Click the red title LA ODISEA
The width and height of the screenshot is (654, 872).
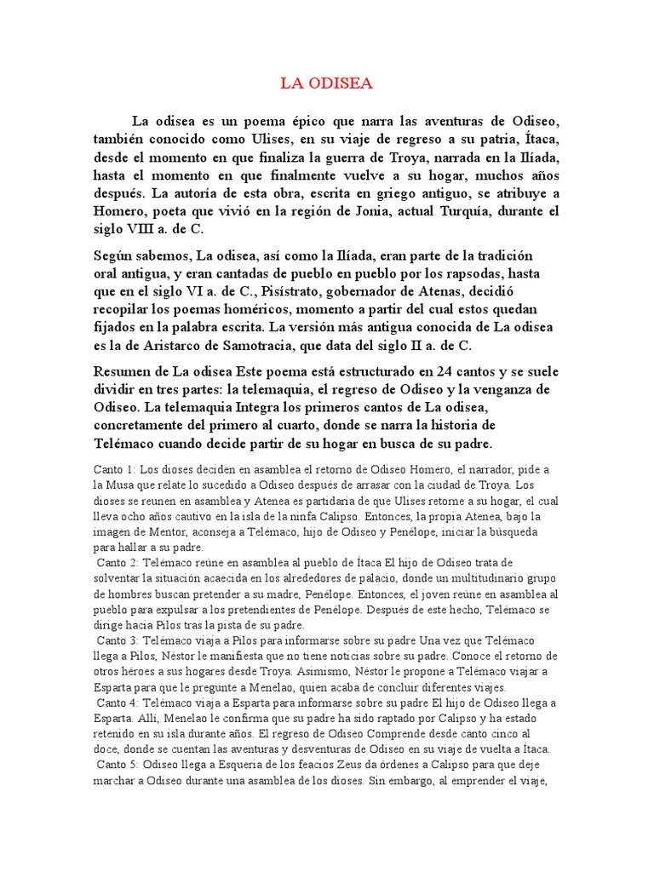pyautogui.click(x=326, y=83)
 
